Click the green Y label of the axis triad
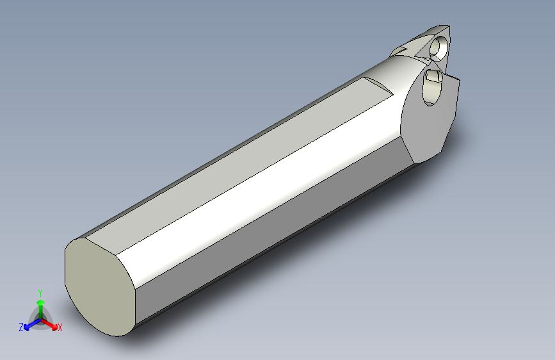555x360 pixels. tap(40, 293)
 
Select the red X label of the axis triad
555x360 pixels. tap(60, 327)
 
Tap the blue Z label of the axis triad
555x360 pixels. tap(21, 327)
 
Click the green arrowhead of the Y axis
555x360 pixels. tap(41, 303)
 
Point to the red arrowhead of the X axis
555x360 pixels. tap(54, 327)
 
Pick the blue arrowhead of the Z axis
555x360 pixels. tap(26, 327)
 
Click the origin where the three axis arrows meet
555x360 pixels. tap(41, 320)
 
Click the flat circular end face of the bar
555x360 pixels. tap(100, 286)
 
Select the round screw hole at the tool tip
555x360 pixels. tap(439, 48)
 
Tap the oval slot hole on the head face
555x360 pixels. tap(432, 87)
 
